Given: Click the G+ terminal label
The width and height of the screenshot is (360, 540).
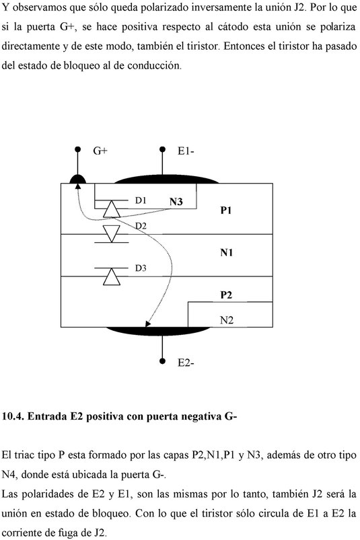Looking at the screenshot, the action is [x=100, y=151].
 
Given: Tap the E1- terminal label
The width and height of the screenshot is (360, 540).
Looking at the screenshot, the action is [x=186, y=151].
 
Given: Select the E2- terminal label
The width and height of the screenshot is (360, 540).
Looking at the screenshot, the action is [x=186, y=362].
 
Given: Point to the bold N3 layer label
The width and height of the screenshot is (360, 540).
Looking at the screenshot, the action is [x=176, y=202].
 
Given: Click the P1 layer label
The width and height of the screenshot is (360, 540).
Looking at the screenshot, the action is [x=226, y=210].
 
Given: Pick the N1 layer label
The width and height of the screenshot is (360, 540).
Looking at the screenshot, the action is [x=226, y=252].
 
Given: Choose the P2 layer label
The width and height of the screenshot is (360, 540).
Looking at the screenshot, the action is [x=226, y=295].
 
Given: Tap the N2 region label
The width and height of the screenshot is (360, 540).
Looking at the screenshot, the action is [x=227, y=320].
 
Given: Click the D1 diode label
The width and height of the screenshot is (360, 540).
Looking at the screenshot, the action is [x=141, y=200].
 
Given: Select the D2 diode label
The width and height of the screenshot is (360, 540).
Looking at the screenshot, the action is [x=141, y=226].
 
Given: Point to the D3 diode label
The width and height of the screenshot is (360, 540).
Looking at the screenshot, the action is [x=141, y=268].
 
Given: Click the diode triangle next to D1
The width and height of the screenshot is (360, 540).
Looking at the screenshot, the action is [x=112, y=209].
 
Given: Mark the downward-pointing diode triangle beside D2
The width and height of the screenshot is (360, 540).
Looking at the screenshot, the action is [x=112, y=234].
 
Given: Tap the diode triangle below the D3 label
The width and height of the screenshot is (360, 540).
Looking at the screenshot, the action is [x=112, y=276].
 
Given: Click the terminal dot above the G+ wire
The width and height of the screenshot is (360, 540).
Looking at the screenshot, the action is [x=78, y=149].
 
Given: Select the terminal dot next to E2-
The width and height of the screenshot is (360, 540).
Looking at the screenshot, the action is [x=163, y=361].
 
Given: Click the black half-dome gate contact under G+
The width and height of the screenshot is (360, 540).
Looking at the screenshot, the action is [x=78, y=179].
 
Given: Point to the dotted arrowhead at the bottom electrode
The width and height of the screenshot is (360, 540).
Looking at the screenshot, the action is [x=148, y=323].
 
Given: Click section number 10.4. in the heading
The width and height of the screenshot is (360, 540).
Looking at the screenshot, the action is [x=13, y=416].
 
